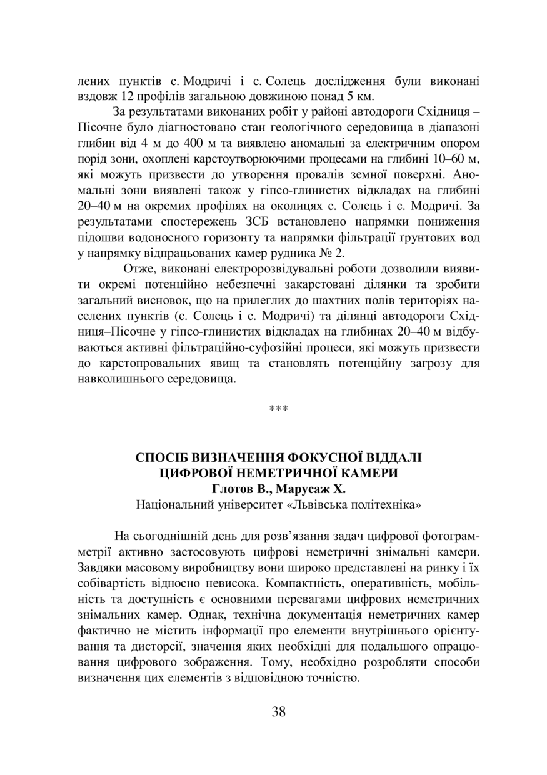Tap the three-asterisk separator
(278, 409)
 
